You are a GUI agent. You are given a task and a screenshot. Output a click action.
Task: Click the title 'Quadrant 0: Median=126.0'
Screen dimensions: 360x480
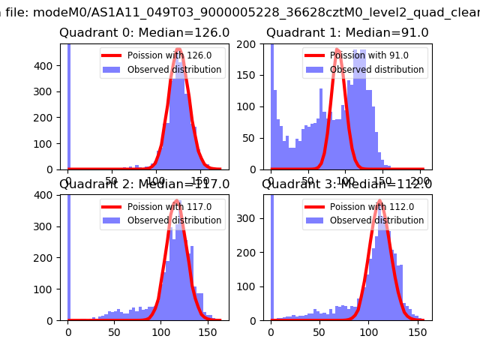tap(144, 33)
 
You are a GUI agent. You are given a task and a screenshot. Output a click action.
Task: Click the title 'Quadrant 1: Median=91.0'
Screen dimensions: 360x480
tap(347, 33)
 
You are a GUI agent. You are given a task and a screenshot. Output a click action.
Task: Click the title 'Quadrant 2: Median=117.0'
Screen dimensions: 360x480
tap(144, 184)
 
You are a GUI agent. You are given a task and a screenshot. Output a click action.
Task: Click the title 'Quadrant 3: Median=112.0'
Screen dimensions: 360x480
tap(347, 184)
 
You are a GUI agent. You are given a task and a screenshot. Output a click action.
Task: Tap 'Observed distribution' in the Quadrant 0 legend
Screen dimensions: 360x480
tap(174, 70)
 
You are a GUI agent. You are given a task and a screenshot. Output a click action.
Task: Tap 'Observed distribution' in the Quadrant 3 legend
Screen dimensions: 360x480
tap(376, 220)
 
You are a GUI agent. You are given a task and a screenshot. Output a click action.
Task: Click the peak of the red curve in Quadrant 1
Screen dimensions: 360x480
tap(338, 49)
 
